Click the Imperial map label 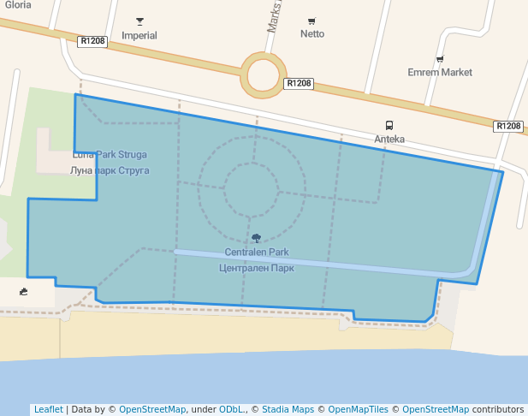tap(139, 36)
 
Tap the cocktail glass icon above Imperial tap(140, 21)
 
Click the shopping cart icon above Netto tap(311, 21)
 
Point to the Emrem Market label tap(440, 73)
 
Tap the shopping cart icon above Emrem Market tap(440, 59)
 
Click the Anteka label tap(389, 139)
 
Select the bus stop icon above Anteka tap(389, 125)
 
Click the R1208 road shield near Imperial tap(92, 41)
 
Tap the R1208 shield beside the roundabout tap(299, 84)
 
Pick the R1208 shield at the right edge tap(508, 127)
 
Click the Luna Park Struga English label tap(110, 155)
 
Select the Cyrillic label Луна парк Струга tap(104, 171)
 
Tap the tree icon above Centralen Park tap(257, 238)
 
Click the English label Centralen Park tap(257, 253)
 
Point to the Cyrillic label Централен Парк tap(257, 268)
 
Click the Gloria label tap(18, 4)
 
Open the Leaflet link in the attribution tap(48, 410)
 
